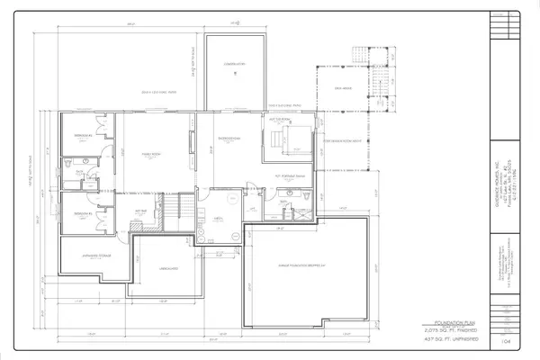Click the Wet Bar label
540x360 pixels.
pyautogui.click(x=142, y=211)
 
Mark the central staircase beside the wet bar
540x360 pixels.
pyautogui.click(x=172, y=213)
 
